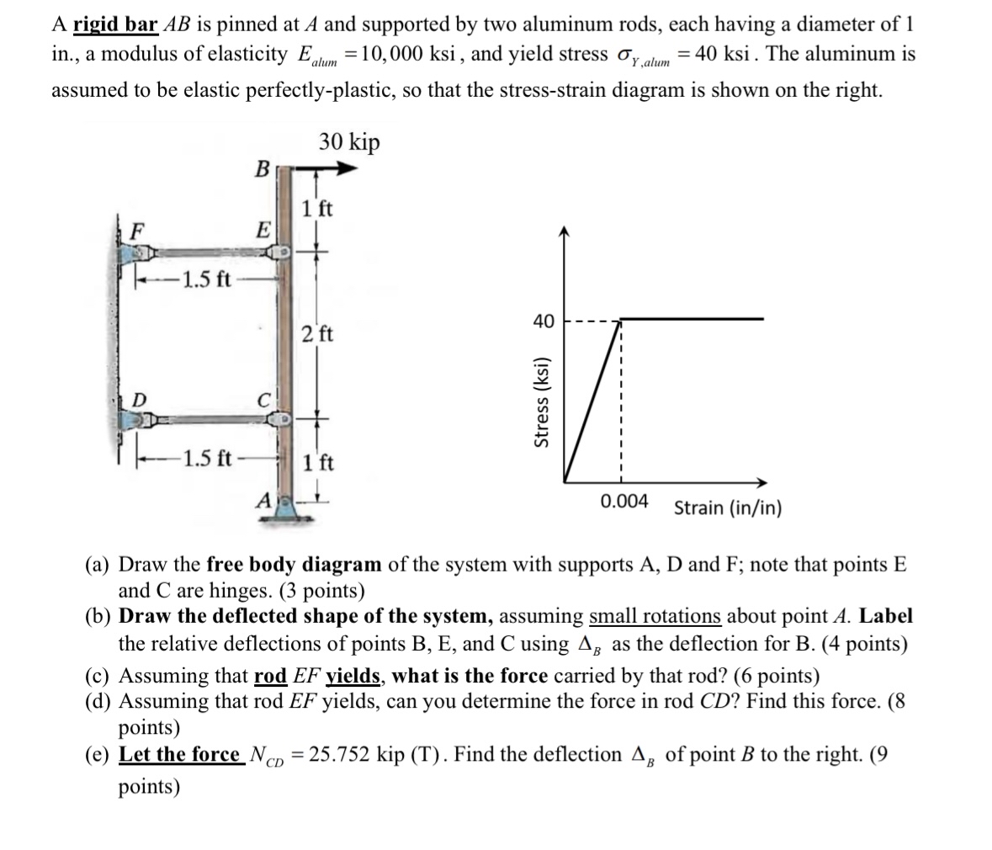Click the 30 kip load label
point(349,142)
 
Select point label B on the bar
point(263,168)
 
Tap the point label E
point(263,229)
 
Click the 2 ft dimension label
point(317,333)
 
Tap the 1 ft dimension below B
point(316,208)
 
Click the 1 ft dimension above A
point(318,462)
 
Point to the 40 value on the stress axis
point(544,321)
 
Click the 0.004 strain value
point(624,502)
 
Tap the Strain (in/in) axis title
point(728,508)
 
